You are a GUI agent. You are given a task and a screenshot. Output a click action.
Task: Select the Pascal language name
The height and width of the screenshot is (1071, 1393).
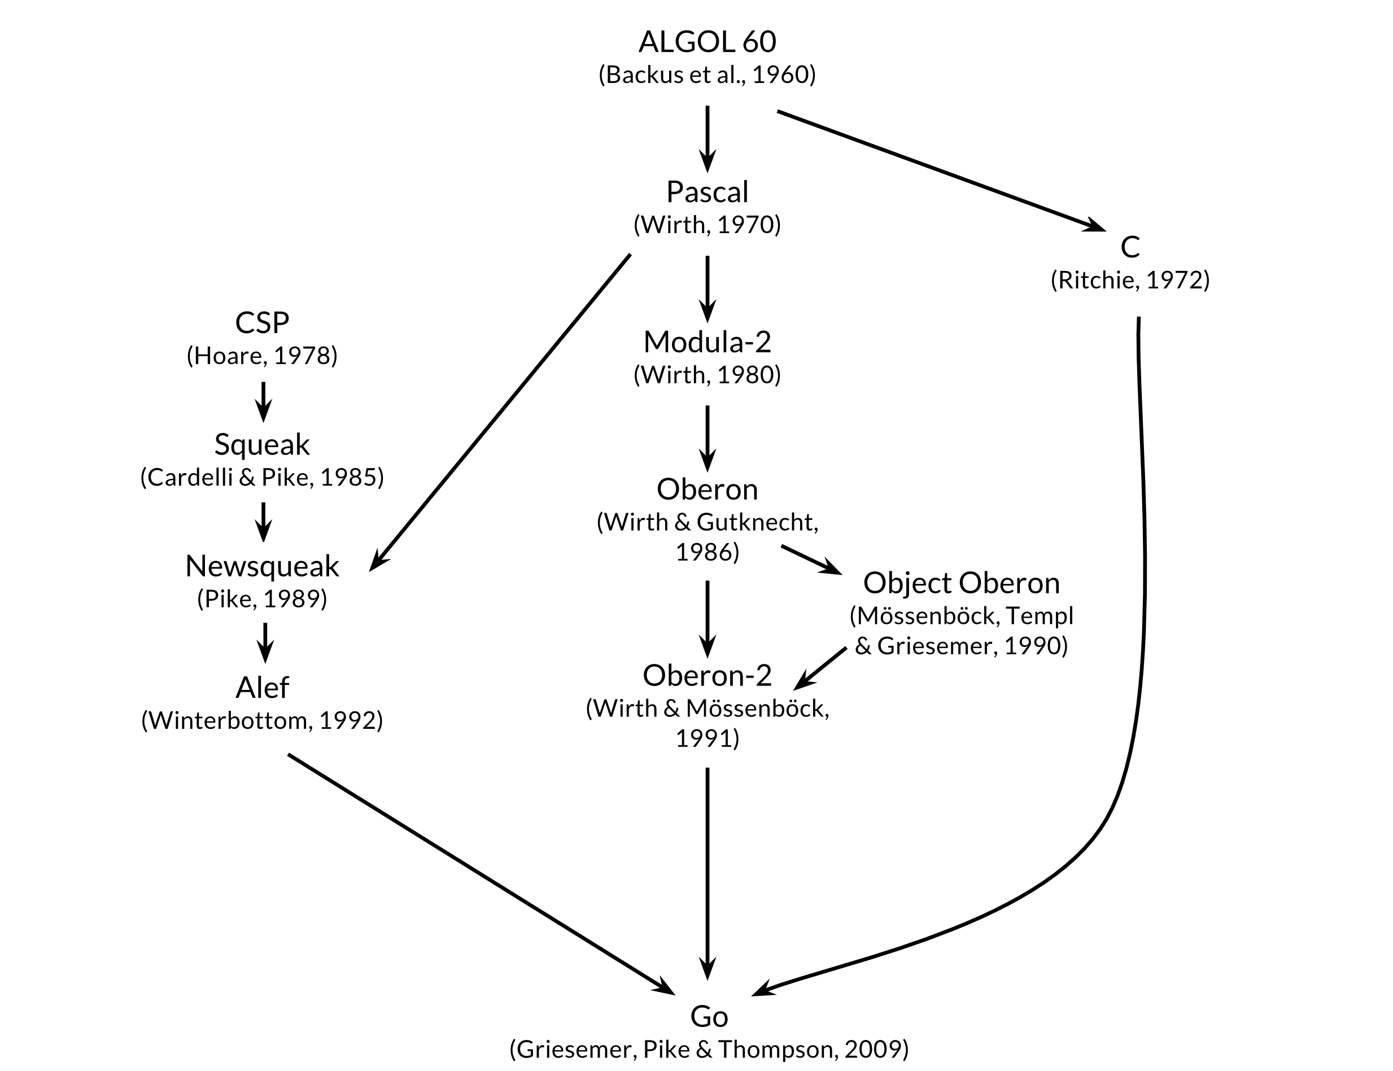pyautogui.click(x=707, y=192)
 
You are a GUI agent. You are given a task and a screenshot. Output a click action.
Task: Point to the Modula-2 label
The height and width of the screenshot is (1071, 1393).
pyautogui.click(x=707, y=342)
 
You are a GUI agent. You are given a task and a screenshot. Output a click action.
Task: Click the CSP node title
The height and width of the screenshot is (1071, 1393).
pyautogui.click(x=262, y=323)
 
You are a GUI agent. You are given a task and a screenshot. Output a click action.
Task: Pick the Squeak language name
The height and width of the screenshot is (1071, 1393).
pyautogui.click(x=262, y=444)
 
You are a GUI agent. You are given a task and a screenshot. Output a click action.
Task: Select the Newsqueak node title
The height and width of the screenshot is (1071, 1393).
pyautogui.click(x=262, y=566)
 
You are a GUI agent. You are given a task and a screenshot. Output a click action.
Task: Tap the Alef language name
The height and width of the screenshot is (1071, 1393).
pyautogui.click(x=262, y=688)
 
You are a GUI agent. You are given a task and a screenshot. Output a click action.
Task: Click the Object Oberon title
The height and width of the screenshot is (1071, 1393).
pyautogui.click(x=962, y=583)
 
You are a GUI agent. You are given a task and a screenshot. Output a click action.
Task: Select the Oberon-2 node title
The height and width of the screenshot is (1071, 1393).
pyautogui.click(x=707, y=676)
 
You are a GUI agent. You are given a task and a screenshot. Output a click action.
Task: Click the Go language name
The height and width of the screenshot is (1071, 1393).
pyautogui.click(x=709, y=1017)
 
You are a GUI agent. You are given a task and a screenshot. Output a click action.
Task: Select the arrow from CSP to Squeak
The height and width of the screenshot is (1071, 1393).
pyautogui.click(x=263, y=401)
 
